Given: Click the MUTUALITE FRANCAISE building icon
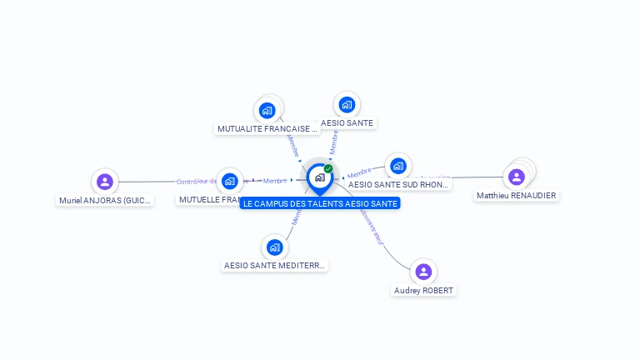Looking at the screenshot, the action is point(267,109).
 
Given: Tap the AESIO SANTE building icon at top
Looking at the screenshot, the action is point(347,105).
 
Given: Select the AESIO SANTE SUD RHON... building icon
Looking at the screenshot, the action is point(398,166).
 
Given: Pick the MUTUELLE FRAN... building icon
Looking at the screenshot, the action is point(230,181).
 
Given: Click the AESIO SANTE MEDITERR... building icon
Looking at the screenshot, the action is point(274,247).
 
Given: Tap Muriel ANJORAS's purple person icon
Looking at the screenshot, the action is point(104,181).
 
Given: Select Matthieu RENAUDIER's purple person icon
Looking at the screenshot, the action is point(517,177).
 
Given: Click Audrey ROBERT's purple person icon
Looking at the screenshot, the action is point(423,272).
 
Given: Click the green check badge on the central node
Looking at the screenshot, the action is point(328,169).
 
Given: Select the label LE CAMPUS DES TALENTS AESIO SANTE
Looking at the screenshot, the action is point(320,203).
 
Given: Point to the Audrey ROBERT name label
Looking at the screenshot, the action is point(424,290).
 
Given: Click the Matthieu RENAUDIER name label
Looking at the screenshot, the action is point(517,196).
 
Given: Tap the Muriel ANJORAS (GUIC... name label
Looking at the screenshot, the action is point(105,200).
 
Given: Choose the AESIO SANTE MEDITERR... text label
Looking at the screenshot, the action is point(275,266).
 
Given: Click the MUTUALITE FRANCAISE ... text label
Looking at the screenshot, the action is point(267,129).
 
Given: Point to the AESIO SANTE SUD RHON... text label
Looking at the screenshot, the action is point(398,185).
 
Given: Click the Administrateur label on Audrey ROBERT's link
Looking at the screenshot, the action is point(372,226).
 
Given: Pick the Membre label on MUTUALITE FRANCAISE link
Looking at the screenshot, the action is point(292,145).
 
